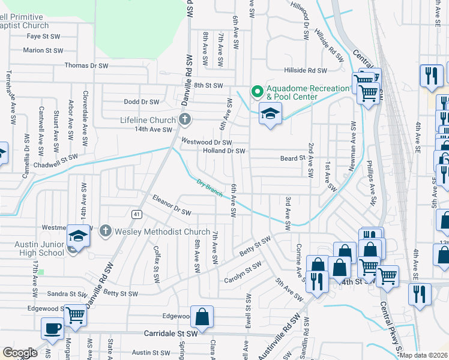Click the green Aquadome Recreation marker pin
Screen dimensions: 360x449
point(258,92)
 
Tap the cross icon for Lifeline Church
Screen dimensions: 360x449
point(185,119)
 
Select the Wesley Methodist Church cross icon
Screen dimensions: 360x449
point(106,230)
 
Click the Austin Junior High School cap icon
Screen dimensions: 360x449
point(78,236)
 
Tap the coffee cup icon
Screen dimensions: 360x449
point(52,328)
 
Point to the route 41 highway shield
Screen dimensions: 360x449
point(136,214)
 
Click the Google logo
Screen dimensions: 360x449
point(20,353)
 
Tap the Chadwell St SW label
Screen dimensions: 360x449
point(56,160)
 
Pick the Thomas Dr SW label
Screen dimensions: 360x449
point(86,65)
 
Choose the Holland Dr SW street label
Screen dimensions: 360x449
point(224,151)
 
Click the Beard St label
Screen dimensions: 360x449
point(293,158)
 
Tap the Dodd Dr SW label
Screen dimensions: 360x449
point(141,102)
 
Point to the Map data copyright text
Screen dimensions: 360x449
point(423,355)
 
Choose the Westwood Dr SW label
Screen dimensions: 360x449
point(206,142)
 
